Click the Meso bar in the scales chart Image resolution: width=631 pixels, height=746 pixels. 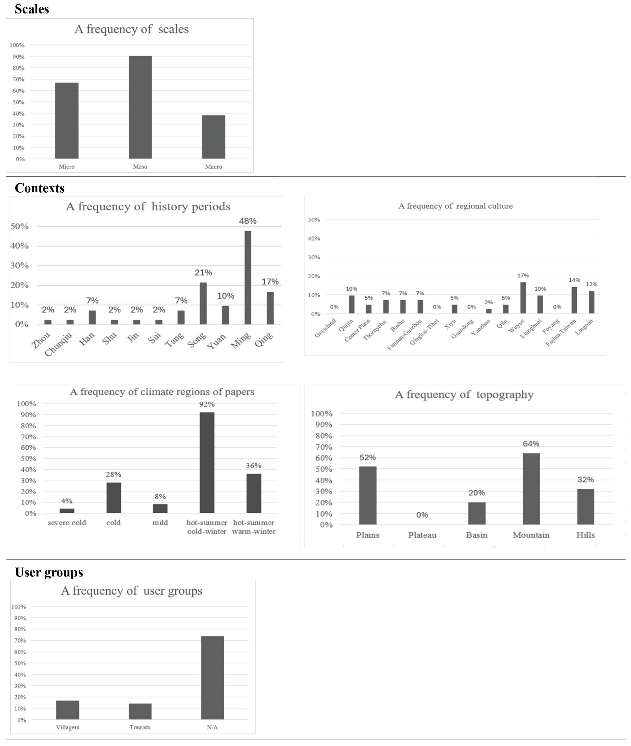point(140,107)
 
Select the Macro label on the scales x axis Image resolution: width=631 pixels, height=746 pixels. point(214,167)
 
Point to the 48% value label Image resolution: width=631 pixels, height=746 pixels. point(247,221)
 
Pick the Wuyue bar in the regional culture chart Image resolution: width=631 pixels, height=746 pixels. point(523,298)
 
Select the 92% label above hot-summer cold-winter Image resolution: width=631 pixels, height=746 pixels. point(207,404)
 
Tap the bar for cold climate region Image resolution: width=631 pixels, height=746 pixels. point(114,498)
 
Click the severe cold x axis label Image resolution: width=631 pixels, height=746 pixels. point(67,522)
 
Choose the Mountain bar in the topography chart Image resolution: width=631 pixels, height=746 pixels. point(531,489)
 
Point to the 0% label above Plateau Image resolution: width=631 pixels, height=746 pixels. point(422,515)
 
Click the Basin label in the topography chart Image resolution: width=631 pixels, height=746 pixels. point(476,535)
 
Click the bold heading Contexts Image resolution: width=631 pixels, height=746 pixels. point(40,188)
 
